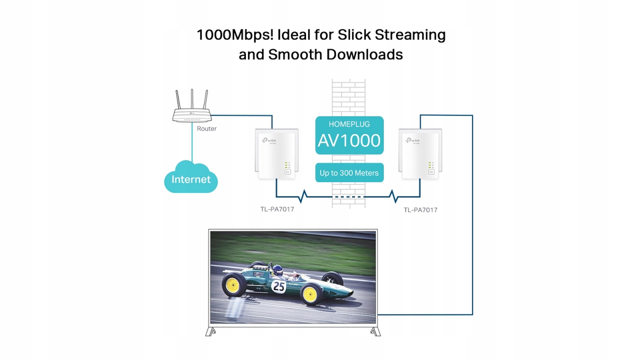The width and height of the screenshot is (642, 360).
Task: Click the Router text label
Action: pyautogui.click(x=206, y=128)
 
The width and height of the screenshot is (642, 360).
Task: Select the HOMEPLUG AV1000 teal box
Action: pyautogui.click(x=349, y=135)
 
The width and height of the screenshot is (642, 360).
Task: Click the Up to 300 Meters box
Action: pyautogui.click(x=349, y=173)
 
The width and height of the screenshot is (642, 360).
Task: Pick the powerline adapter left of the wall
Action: pyautogui.click(x=276, y=154)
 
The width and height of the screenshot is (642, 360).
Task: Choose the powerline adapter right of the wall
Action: pyautogui.click(x=420, y=154)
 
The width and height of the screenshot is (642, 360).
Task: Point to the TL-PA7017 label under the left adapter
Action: pyautogui.click(x=277, y=209)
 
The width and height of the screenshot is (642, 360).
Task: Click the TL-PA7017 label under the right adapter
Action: pyautogui.click(x=420, y=209)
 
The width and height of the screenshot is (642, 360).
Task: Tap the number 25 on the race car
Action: pyautogui.click(x=278, y=286)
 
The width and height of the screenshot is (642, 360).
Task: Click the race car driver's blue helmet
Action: pyautogui.click(x=277, y=270)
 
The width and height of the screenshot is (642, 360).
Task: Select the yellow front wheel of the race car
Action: pyautogui.click(x=310, y=294)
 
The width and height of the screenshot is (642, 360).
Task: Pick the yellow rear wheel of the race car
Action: pyautogui.click(x=232, y=284)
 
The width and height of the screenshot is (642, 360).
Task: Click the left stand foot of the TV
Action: pyautogui.click(x=210, y=331)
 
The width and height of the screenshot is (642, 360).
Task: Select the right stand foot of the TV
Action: pyautogui.click(x=375, y=331)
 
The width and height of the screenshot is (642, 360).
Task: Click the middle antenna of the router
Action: pyautogui.click(x=192, y=99)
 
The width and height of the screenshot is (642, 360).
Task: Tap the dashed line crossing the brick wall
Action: pyautogui.click(x=348, y=196)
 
